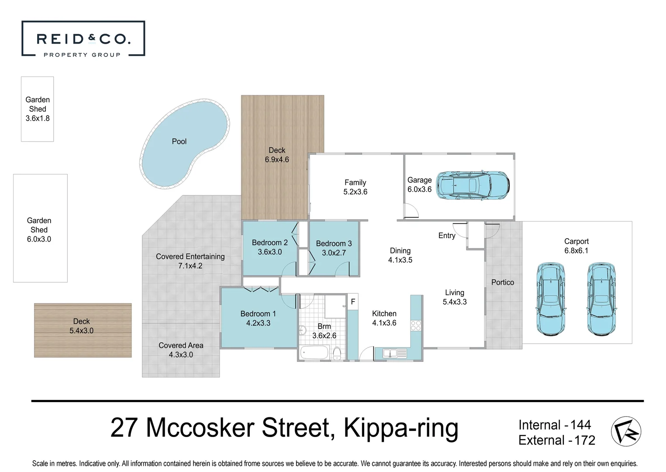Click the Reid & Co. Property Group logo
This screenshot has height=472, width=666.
click(x=83, y=39)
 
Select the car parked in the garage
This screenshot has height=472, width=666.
click(x=473, y=185)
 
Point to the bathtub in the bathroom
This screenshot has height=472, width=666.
click(x=314, y=352)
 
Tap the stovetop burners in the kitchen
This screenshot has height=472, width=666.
click(x=416, y=325)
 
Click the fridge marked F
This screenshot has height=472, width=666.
click(x=353, y=302)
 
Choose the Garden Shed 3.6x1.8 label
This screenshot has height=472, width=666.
click(x=38, y=109)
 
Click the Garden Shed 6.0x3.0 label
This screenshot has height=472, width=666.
click(x=39, y=230)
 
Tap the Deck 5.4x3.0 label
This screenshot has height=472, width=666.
click(x=82, y=326)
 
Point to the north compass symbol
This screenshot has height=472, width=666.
click(x=626, y=431)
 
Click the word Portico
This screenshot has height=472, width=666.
click(x=503, y=282)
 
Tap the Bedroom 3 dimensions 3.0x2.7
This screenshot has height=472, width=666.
click(x=334, y=253)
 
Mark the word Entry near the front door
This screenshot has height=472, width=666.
click(x=447, y=236)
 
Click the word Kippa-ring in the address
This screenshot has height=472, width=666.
click(x=401, y=428)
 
